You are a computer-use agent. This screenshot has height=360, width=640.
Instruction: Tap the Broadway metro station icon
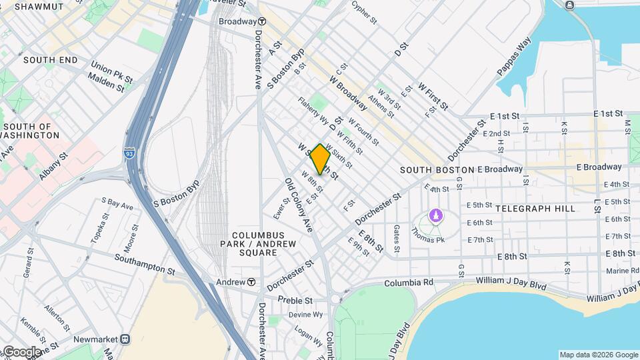262,21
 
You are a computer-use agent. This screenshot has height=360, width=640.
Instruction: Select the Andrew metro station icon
251,282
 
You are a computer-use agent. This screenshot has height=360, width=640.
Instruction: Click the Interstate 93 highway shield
128,153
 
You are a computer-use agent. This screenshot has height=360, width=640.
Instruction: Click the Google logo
21,351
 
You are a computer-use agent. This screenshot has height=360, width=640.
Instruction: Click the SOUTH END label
50,60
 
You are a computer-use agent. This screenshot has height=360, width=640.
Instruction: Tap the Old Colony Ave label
299,205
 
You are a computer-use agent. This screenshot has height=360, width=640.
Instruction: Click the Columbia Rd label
408,283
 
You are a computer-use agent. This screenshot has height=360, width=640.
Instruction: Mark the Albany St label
53,166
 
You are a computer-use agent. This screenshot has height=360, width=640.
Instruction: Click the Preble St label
295,300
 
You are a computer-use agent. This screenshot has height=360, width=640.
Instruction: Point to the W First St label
433,97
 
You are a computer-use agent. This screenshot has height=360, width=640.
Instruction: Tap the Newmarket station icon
125,339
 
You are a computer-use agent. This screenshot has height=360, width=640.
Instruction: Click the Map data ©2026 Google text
598,355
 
